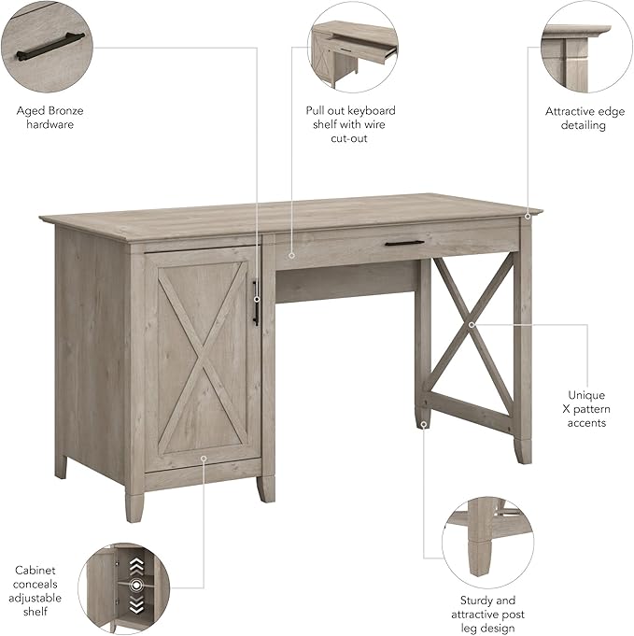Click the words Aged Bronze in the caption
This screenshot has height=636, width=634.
tap(49, 110)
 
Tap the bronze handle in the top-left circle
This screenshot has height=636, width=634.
tap(49, 43)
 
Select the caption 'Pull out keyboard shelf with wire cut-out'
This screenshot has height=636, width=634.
tap(350, 124)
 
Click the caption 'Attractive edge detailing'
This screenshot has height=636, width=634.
tap(585, 118)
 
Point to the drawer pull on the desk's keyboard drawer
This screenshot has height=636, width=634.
tap(403, 244)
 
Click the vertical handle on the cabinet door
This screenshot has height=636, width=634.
tap(255, 303)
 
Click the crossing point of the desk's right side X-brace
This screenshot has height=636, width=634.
tap(472, 324)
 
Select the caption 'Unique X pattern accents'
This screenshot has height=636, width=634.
tap(586, 409)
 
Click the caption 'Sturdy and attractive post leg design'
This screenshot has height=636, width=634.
tap(486, 615)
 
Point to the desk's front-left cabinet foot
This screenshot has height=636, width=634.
tap(134, 505)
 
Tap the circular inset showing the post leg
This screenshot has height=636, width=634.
tap(486, 543)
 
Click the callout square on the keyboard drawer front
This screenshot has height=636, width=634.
tap(291, 253)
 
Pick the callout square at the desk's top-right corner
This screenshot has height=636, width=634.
tap(528, 217)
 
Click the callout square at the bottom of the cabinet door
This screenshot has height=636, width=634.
tap(203, 458)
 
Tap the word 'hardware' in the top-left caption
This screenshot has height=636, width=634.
tap(49, 124)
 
